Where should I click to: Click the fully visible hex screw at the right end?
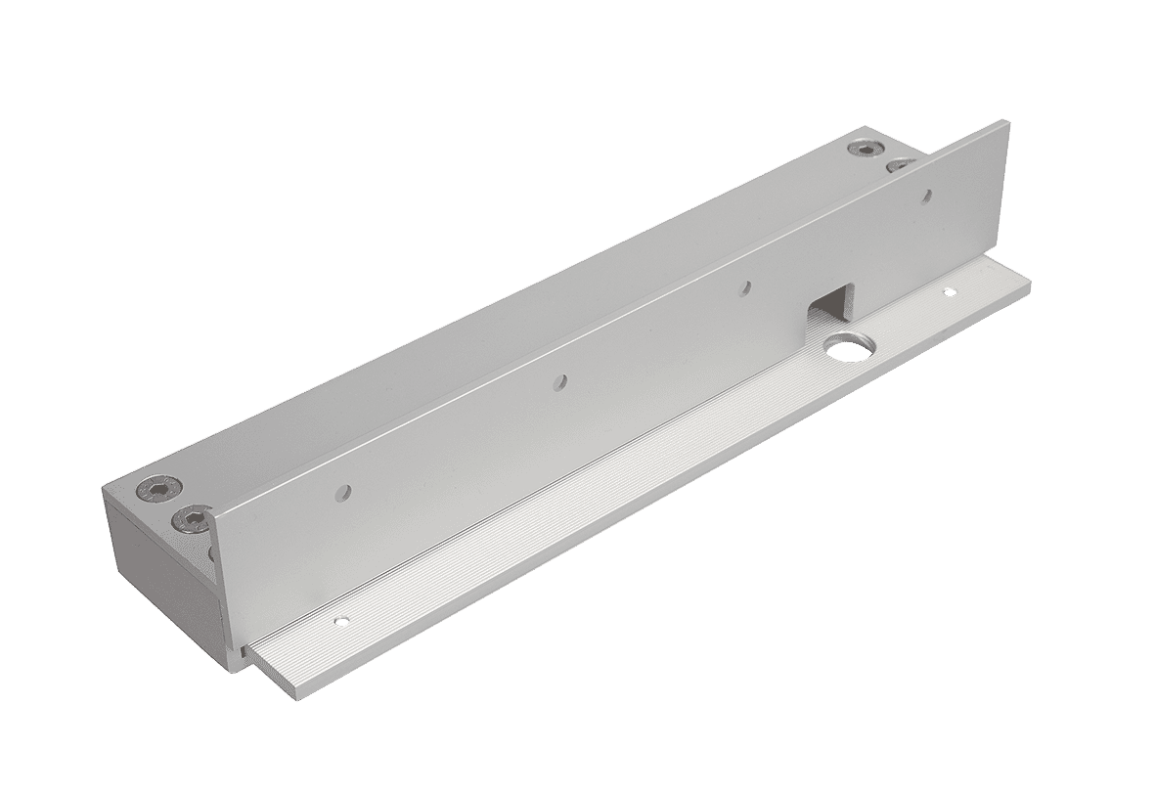point(864,149)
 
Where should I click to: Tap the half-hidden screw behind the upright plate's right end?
point(896,165)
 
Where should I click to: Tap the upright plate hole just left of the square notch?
point(745,287)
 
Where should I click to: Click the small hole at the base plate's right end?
point(947,291)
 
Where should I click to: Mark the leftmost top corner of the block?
point(105,486)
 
